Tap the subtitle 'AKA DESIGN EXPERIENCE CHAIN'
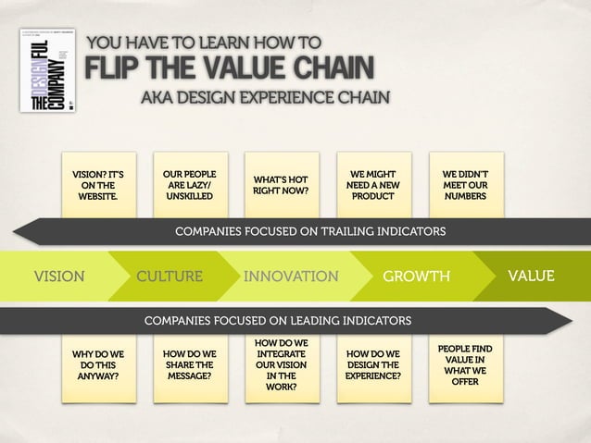click(x=265, y=98)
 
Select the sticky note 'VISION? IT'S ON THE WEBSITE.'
click(x=97, y=185)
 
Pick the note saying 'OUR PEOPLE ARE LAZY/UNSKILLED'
click(x=189, y=185)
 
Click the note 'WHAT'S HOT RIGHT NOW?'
click(x=281, y=185)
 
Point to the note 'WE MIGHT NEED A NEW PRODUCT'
click(x=372, y=185)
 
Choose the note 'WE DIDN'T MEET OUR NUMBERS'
click(x=465, y=185)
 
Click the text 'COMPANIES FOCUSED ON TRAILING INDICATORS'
click(x=310, y=230)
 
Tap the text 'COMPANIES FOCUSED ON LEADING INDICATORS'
click(x=278, y=321)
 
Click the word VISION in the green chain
click(x=59, y=276)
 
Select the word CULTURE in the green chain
click(x=170, y=276)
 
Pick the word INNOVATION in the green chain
click(x=290, y=276)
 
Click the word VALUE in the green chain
click(x=531, y=276)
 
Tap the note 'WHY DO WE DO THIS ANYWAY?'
click(x=97, y=365)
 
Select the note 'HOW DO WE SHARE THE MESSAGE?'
click(x=189, y=365)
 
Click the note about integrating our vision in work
click(x=281, y=365)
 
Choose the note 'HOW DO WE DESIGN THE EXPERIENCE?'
click(x=372, y=365)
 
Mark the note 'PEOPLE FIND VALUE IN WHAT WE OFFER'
click(x=465, y=365)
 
